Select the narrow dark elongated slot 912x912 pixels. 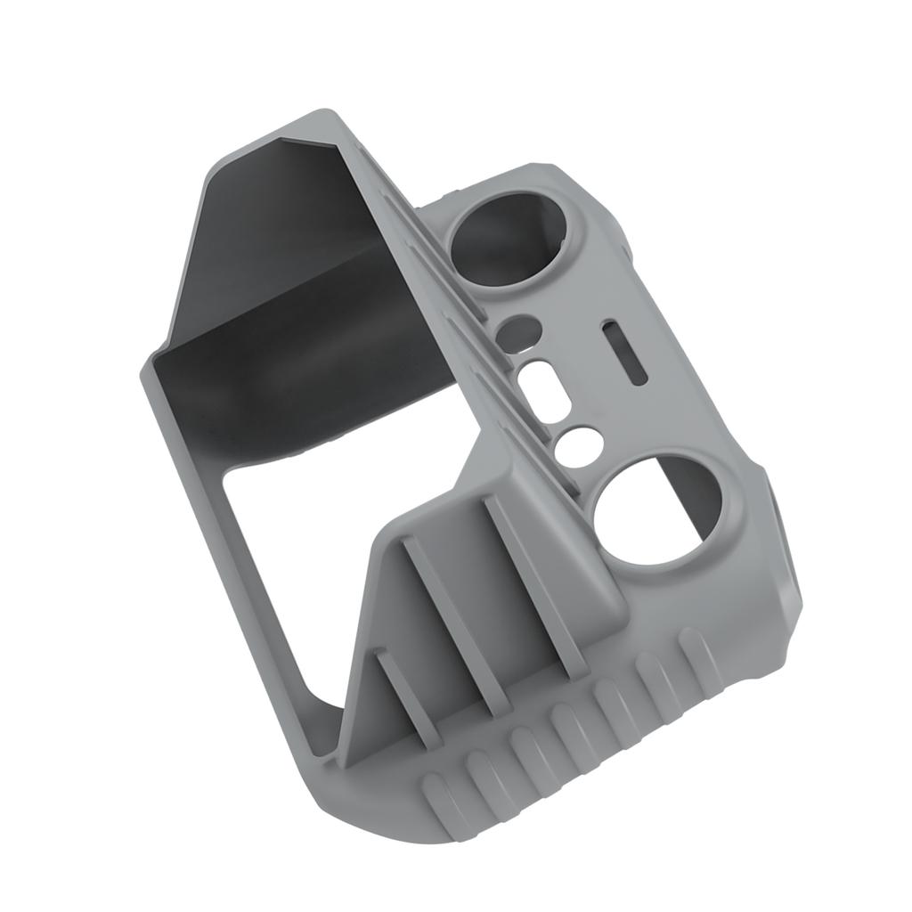[624, 353]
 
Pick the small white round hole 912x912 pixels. [579, 444]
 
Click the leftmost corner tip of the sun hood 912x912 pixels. [144, 370]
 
